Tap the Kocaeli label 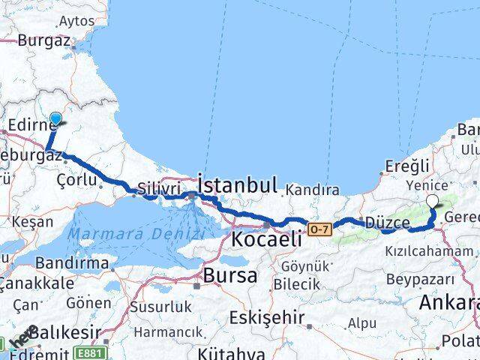[267, 240]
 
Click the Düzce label [386, 223]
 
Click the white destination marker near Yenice [433, 201]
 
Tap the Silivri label [157, 190]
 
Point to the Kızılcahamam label [430, 251]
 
